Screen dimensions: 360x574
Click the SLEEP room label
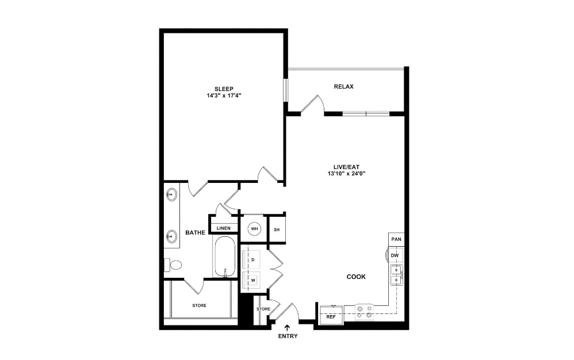(224, 89)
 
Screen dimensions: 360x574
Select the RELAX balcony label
(343, 87)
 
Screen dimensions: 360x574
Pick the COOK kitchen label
(356, 277)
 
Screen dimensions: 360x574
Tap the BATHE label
(195, 233)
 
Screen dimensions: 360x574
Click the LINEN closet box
(224, 228)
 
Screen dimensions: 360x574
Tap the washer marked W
(252, 280)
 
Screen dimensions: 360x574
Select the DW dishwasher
(395, 255)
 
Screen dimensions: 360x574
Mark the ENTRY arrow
(288, 327)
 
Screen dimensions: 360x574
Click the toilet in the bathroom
(174, 265)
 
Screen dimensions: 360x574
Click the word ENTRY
(288, 336)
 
